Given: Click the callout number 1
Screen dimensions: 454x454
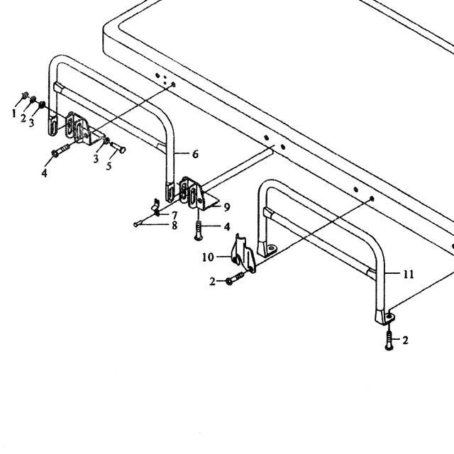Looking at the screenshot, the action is (x=14, y=113).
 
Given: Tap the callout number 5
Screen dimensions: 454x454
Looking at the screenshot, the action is (x=109, y=166).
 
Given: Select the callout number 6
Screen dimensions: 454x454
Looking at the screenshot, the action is (x=196, y=154).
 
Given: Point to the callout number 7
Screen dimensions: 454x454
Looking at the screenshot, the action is (x=175, y=216).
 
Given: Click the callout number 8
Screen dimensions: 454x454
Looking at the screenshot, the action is (x=175, y=226).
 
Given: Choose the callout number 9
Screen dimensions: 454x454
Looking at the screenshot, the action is (x=227, y=206).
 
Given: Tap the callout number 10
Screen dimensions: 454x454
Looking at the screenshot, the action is (x=208, y=257).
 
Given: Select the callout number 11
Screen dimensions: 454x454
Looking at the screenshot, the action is (x=409, y=275).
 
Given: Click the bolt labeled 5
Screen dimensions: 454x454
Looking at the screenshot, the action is (x=118, y=147).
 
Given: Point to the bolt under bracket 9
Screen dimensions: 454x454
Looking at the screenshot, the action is (x=199, y=231).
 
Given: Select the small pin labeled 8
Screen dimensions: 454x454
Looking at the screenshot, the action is (x=138, y=223).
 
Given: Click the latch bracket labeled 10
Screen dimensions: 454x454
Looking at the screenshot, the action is (x=243, y=254).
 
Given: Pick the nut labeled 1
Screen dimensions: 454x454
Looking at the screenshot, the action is (x=26, y=94).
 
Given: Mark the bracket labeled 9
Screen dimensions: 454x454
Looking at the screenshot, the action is (x=200, y=194).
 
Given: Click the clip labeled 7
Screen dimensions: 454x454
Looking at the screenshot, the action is (x=156, y=208).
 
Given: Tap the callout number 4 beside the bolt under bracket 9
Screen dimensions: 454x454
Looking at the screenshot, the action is (x=227, y=227).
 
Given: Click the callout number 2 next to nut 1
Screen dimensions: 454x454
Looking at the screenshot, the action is (x=23, y=118).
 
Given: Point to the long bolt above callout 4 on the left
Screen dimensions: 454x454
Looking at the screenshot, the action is (x=61, y=150).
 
